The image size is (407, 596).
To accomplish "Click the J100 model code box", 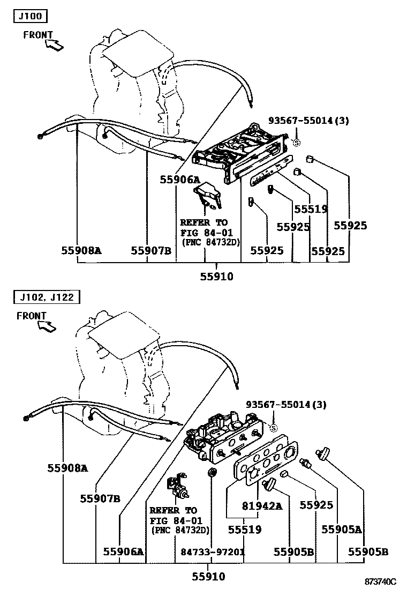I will (30, 16).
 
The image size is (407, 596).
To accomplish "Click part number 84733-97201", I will (213, 552).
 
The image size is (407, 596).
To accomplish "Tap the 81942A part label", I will (262, 505).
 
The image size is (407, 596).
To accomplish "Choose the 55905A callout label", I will (342, 530).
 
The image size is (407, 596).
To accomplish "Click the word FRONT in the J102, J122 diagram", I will (31, 316).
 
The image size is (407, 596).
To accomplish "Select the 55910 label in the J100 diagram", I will (217, 277).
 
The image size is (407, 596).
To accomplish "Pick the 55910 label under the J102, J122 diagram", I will (209, 577).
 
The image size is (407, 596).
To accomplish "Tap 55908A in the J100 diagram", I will (81, 250).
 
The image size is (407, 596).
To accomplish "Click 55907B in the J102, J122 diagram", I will (100, 498).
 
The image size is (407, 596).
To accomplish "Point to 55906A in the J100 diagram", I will (179, 180).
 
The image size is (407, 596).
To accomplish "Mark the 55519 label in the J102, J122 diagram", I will (245, 530).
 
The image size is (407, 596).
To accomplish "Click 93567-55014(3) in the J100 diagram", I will (308, 121).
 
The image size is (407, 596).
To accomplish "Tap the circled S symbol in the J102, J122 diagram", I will (273, 428).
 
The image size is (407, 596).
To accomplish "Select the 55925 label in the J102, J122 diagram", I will (316, 505).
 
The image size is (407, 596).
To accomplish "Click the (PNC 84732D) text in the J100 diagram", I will (210, 242).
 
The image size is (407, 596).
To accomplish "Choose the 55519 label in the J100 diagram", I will (311, 209).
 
